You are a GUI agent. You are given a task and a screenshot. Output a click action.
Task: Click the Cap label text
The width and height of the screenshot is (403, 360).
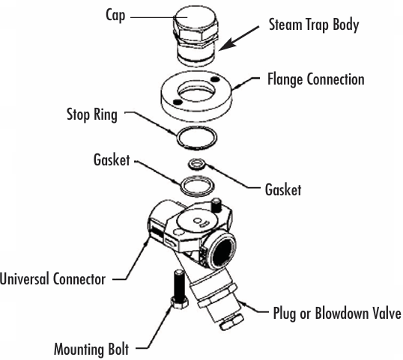coord(115,16)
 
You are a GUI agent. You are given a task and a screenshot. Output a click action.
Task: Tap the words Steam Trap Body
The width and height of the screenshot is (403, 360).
coord(314,25)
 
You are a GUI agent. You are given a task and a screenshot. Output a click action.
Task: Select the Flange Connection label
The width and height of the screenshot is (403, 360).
coord(316,79)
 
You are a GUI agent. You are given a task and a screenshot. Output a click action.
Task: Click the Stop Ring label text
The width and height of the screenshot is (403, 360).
coord(92,115)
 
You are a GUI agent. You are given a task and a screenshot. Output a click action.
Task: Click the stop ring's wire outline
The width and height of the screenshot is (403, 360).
coord(178,138)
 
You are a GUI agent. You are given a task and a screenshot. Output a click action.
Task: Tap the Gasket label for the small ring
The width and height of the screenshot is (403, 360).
coord(283,190)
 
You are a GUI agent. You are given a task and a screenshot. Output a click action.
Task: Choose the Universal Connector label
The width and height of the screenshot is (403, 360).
coord(52,278)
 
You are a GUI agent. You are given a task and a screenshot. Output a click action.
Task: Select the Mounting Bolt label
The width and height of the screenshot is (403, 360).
coord(91,349)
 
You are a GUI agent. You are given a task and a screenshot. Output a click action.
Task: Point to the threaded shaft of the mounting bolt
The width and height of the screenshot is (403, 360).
coord(179,283)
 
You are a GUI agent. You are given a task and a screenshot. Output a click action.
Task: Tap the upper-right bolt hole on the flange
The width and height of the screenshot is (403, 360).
coord(215,79)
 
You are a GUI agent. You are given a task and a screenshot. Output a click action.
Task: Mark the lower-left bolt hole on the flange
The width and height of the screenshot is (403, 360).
coord(178,103)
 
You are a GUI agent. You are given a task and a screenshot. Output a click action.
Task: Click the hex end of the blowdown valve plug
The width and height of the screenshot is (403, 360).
coord(231,322)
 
